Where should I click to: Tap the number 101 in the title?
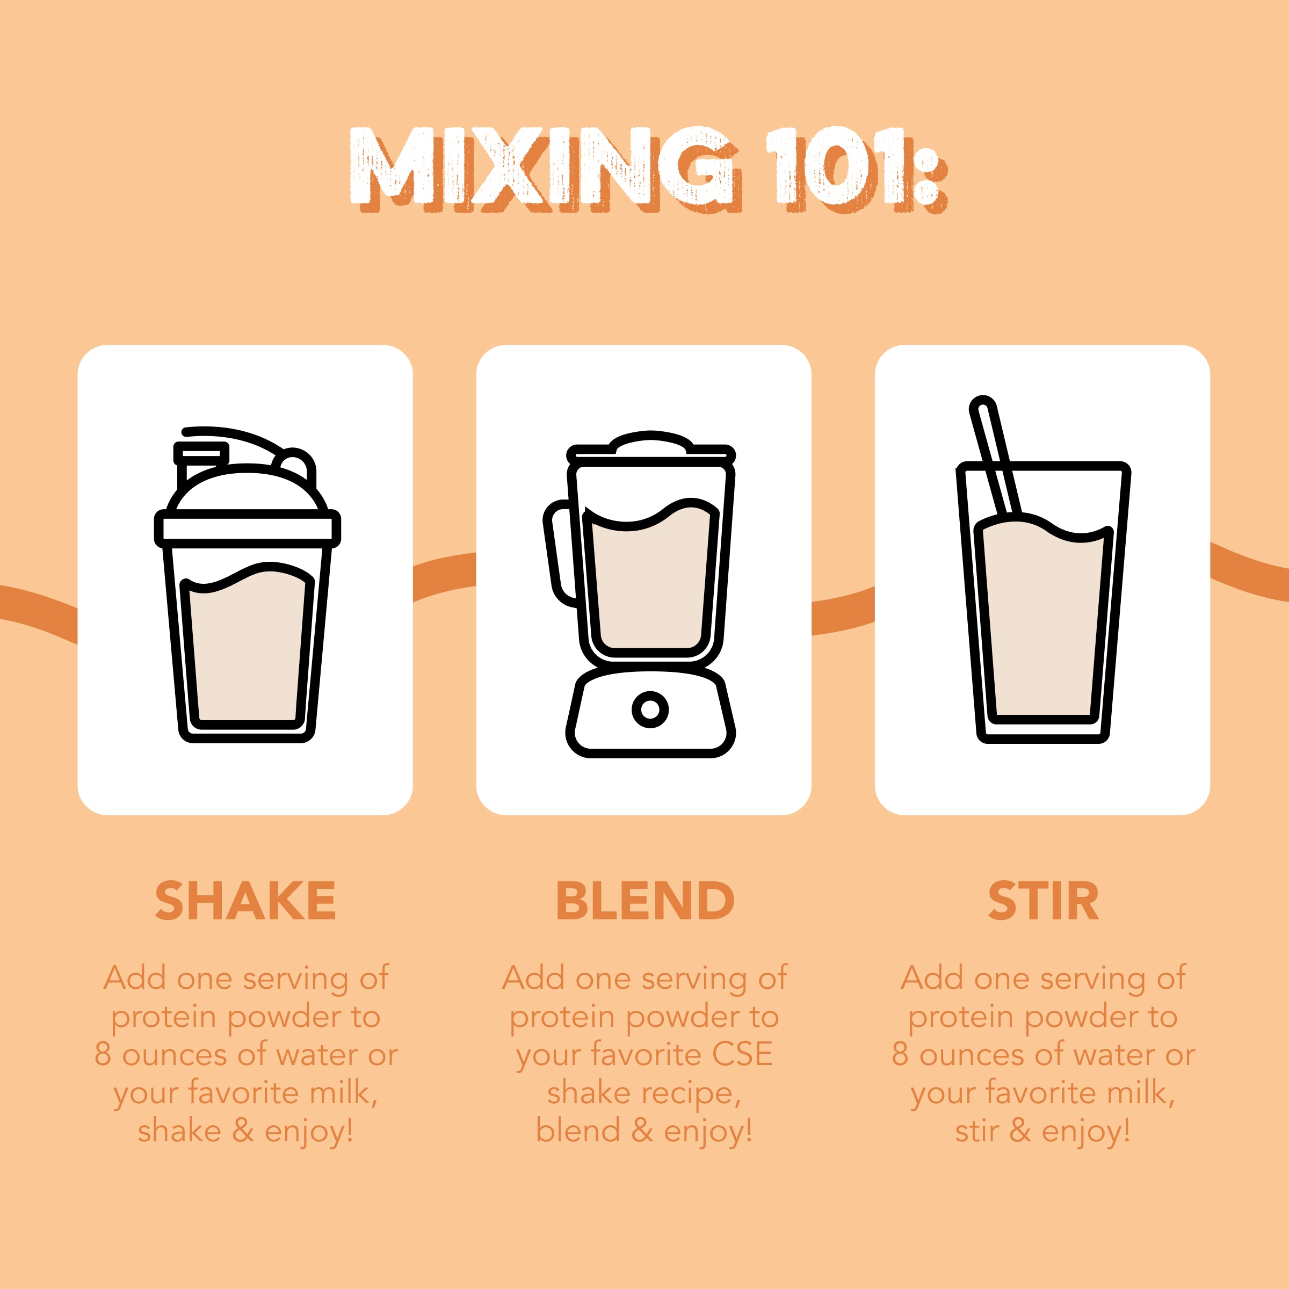pos(841,167)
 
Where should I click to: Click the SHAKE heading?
pos(245,901)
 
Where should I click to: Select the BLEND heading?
pos(644,901)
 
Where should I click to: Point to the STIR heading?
pos(1043,901)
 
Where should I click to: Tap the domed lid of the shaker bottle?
pos(247,490)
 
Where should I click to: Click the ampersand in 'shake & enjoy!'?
pos(243,1130)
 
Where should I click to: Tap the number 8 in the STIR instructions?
pos(900,1054)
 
